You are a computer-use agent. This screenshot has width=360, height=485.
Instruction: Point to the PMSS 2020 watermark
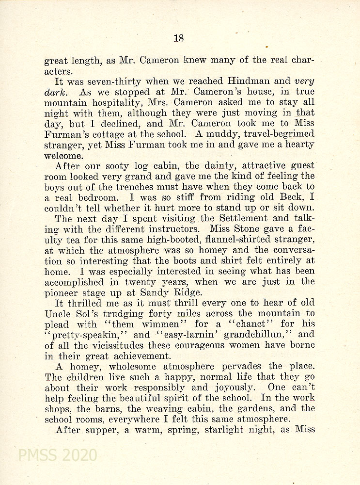click(x=57, y=455)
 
